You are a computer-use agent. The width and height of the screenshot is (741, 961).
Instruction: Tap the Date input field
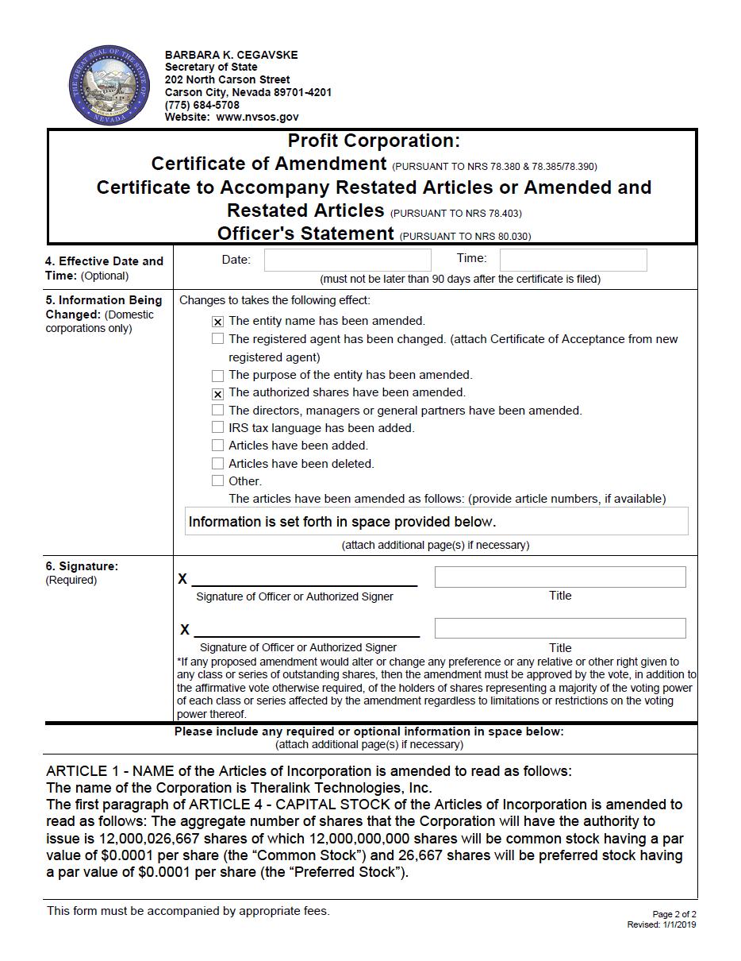point(347,260)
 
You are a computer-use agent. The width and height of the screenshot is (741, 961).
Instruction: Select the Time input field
point(573,260)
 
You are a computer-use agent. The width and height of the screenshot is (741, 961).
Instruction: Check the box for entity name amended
point(217,322)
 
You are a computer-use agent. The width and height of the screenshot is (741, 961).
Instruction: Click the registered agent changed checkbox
point(217,339)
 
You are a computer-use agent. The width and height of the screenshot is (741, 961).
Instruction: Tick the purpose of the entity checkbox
point(217,376)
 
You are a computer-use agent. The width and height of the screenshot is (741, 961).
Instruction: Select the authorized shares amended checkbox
point(217,393)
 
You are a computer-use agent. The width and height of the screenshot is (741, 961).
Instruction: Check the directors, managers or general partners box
point(217,411)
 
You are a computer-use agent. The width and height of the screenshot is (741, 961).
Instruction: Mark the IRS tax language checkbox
point(217,428)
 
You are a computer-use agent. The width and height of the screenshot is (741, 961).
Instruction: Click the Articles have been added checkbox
point(217,446)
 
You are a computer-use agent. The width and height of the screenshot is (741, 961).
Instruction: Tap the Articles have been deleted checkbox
point(217,464)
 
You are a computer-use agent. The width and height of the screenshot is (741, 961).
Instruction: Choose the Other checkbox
point(217,481)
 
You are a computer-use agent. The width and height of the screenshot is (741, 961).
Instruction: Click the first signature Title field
point(559,577)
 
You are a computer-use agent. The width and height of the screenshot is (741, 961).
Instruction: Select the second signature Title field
point(559,628)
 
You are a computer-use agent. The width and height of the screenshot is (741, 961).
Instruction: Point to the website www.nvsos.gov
point(257,117)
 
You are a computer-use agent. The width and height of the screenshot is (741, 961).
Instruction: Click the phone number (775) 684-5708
point(202,105)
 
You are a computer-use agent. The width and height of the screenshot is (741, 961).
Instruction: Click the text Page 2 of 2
point(674,914)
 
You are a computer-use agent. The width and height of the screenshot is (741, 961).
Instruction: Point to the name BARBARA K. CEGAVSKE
point(231,55)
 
